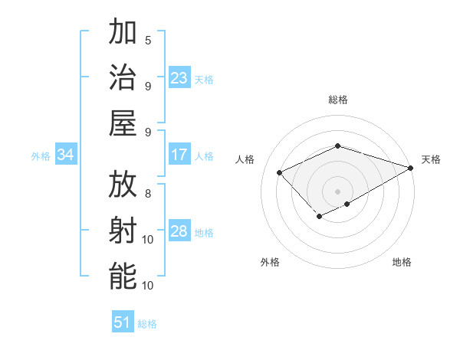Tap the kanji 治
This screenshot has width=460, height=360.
[x=123, y=78]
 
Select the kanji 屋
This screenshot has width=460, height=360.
[x=123, y=124]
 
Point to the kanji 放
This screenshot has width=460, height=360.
[x=123, y=185]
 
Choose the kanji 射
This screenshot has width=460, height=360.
[x=123, y=231]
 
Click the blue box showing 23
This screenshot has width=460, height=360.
[x=179, y=78]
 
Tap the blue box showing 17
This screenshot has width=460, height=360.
[x=179, y=155]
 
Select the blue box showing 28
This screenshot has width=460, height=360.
[x=179, y=231]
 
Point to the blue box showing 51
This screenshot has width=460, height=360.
[x=123, y=322]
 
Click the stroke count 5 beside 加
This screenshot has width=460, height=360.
[x=148, y=40]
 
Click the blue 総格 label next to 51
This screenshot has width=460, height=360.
[x=147, y=324]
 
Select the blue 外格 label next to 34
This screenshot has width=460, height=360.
[x=41, y=156]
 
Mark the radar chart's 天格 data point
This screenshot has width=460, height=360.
[x=412, y=168]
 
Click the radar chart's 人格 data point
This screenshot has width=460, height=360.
[x=280, y=172]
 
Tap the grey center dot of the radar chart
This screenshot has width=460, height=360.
[x=337, y=191]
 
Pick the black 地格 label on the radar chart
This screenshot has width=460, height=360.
[x=402, y=262]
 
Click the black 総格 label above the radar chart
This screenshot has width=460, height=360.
[x=337, y=100]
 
